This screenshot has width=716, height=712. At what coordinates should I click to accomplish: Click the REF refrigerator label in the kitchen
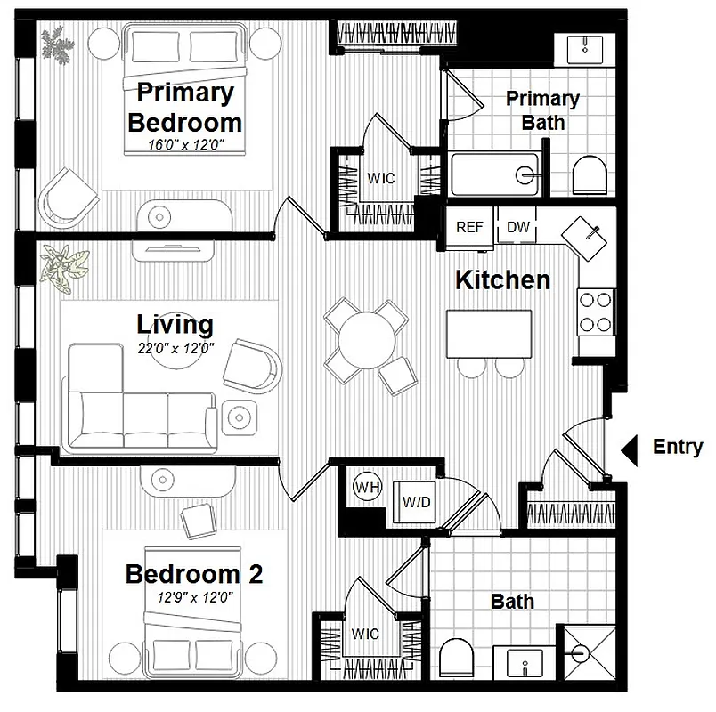click(469, 227)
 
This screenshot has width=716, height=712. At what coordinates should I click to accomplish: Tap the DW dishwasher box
click(518, 227)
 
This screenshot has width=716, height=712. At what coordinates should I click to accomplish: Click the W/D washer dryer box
click(416, 503)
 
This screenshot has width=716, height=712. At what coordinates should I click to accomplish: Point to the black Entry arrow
click(629, 449)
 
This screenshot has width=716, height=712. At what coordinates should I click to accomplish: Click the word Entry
click(678, 448)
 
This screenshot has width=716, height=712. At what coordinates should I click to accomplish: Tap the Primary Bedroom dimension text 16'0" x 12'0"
click(184, 142)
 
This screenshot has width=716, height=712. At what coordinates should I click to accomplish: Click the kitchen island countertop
click(488, 332)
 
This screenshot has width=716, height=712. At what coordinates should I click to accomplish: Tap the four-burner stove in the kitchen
click(597, 311)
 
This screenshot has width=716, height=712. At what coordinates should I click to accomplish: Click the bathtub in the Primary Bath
click(494, 174)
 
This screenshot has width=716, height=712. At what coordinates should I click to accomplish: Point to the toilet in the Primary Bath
click(589, 174)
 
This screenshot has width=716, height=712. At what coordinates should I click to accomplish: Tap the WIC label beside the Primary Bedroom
click(381, 178)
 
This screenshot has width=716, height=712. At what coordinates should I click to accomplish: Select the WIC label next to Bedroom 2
click(365, 634)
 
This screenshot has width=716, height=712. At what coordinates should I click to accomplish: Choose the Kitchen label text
click(502, 279)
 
